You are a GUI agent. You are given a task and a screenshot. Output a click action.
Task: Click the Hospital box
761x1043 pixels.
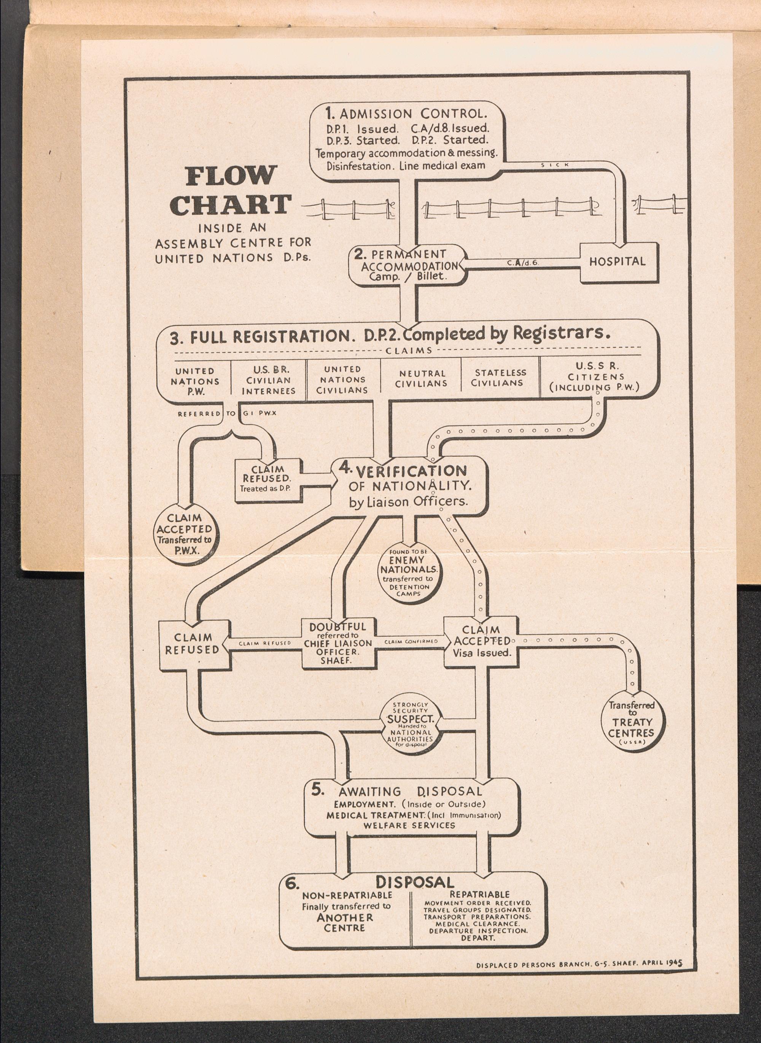click(617, 262)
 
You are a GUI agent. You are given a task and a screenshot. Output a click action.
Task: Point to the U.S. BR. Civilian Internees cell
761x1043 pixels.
click(268, 380)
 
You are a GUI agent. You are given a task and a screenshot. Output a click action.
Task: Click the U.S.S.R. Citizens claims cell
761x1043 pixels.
click(594, 377)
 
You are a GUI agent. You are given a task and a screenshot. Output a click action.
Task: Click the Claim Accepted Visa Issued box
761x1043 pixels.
click(482, 641)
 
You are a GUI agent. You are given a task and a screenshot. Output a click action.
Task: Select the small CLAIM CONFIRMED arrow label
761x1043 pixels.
click(411, 641)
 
